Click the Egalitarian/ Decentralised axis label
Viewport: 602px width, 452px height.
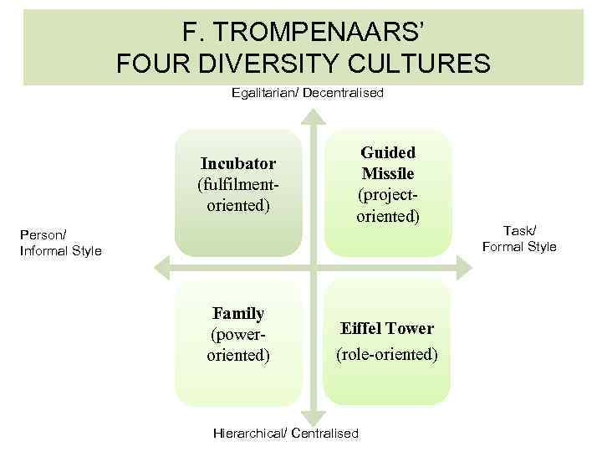click(307, 93)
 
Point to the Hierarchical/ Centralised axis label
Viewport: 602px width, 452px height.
click(286, 433)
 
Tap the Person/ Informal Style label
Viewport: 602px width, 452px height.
click(60, 243)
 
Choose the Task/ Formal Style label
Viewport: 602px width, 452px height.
click(518, 239)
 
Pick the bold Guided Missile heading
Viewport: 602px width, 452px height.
click(387, 163)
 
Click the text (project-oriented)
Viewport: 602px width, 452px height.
click(387, 206)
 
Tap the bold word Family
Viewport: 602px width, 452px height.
click(238, 314)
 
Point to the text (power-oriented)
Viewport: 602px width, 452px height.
click(238, 345)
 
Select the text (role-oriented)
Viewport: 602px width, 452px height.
click(386, 355)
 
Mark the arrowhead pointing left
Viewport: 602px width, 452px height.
click(164, 268)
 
